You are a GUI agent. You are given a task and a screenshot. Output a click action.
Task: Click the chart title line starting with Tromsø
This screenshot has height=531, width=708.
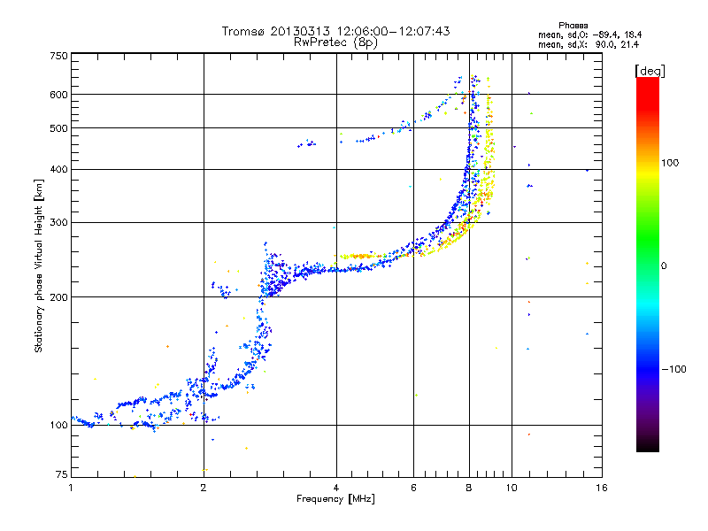pos(335,31)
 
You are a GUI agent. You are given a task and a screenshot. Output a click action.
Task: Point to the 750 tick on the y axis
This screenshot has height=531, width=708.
pos(58,56)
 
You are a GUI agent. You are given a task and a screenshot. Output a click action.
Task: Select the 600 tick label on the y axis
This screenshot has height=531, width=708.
pos(58,95)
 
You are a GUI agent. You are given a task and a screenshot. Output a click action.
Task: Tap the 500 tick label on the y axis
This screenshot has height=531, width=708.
pos(58,128)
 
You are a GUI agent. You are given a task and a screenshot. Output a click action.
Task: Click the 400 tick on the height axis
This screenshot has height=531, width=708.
pos(58,169)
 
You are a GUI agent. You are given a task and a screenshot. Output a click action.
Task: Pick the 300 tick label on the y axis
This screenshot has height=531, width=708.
pos(58,222)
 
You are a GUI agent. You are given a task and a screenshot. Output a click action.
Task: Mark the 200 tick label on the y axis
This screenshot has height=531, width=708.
pos(58,297)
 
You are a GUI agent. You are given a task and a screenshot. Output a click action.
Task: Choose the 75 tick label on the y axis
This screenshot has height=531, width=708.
pos(61,477)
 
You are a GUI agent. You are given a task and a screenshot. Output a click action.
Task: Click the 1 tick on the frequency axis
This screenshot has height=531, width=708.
pos(72,487)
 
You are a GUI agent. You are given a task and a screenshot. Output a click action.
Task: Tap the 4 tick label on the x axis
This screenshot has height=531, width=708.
pos(336,487)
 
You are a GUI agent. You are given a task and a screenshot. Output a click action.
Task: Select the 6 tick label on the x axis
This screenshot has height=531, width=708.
pos(413,487)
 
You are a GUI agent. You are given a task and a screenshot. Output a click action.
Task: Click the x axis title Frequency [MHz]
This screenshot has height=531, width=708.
pos(335,499)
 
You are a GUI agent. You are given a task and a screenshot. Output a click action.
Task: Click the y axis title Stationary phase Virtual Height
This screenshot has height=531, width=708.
pos(39,265)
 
